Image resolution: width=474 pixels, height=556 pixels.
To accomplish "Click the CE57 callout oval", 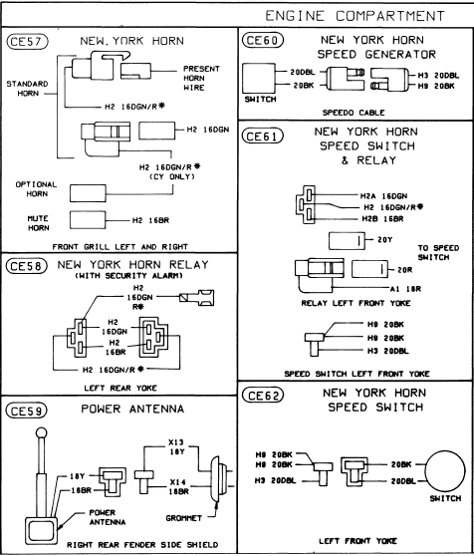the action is click(27, 42).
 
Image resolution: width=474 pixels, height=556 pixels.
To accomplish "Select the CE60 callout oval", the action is click(263, 40).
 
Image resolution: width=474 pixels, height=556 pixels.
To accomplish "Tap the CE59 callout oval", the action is click(27, 411).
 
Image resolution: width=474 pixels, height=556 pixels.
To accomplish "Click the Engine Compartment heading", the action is click(355, 16).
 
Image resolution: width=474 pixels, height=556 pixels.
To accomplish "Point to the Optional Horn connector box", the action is click(88, 193).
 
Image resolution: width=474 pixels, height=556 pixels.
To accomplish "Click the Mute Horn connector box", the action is click(88, 220).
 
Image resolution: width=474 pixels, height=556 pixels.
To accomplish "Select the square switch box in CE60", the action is click(259, 78).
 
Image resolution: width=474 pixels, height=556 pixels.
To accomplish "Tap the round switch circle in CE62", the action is click(445, 471).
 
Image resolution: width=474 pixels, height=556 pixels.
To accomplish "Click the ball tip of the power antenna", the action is click(42, 433).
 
